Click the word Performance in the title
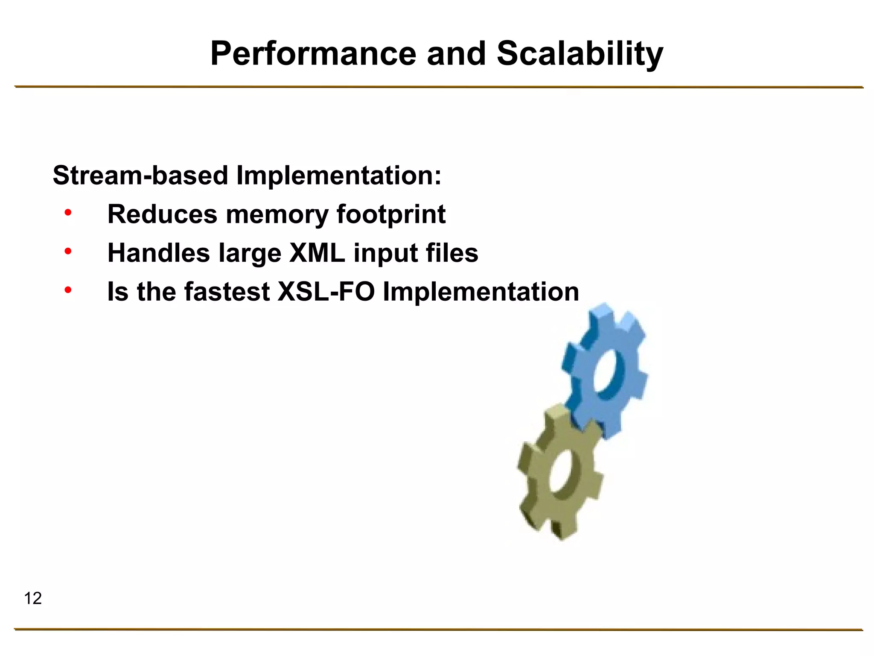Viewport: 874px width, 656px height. [313, 54]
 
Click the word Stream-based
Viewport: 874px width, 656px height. [140, 176]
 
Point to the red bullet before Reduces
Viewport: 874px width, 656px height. [68, 213]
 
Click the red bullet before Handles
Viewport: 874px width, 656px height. [68, 252]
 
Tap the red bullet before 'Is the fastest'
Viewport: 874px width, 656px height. [68, 290]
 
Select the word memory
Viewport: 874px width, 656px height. [277, 214]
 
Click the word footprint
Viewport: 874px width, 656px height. [391, 214]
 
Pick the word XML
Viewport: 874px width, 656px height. [317, 253]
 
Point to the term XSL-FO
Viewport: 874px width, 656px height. [326, 292]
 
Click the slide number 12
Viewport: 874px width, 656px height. [33, 598]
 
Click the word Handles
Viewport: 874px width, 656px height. [159, 253]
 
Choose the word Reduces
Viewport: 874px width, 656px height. [162, 214]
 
